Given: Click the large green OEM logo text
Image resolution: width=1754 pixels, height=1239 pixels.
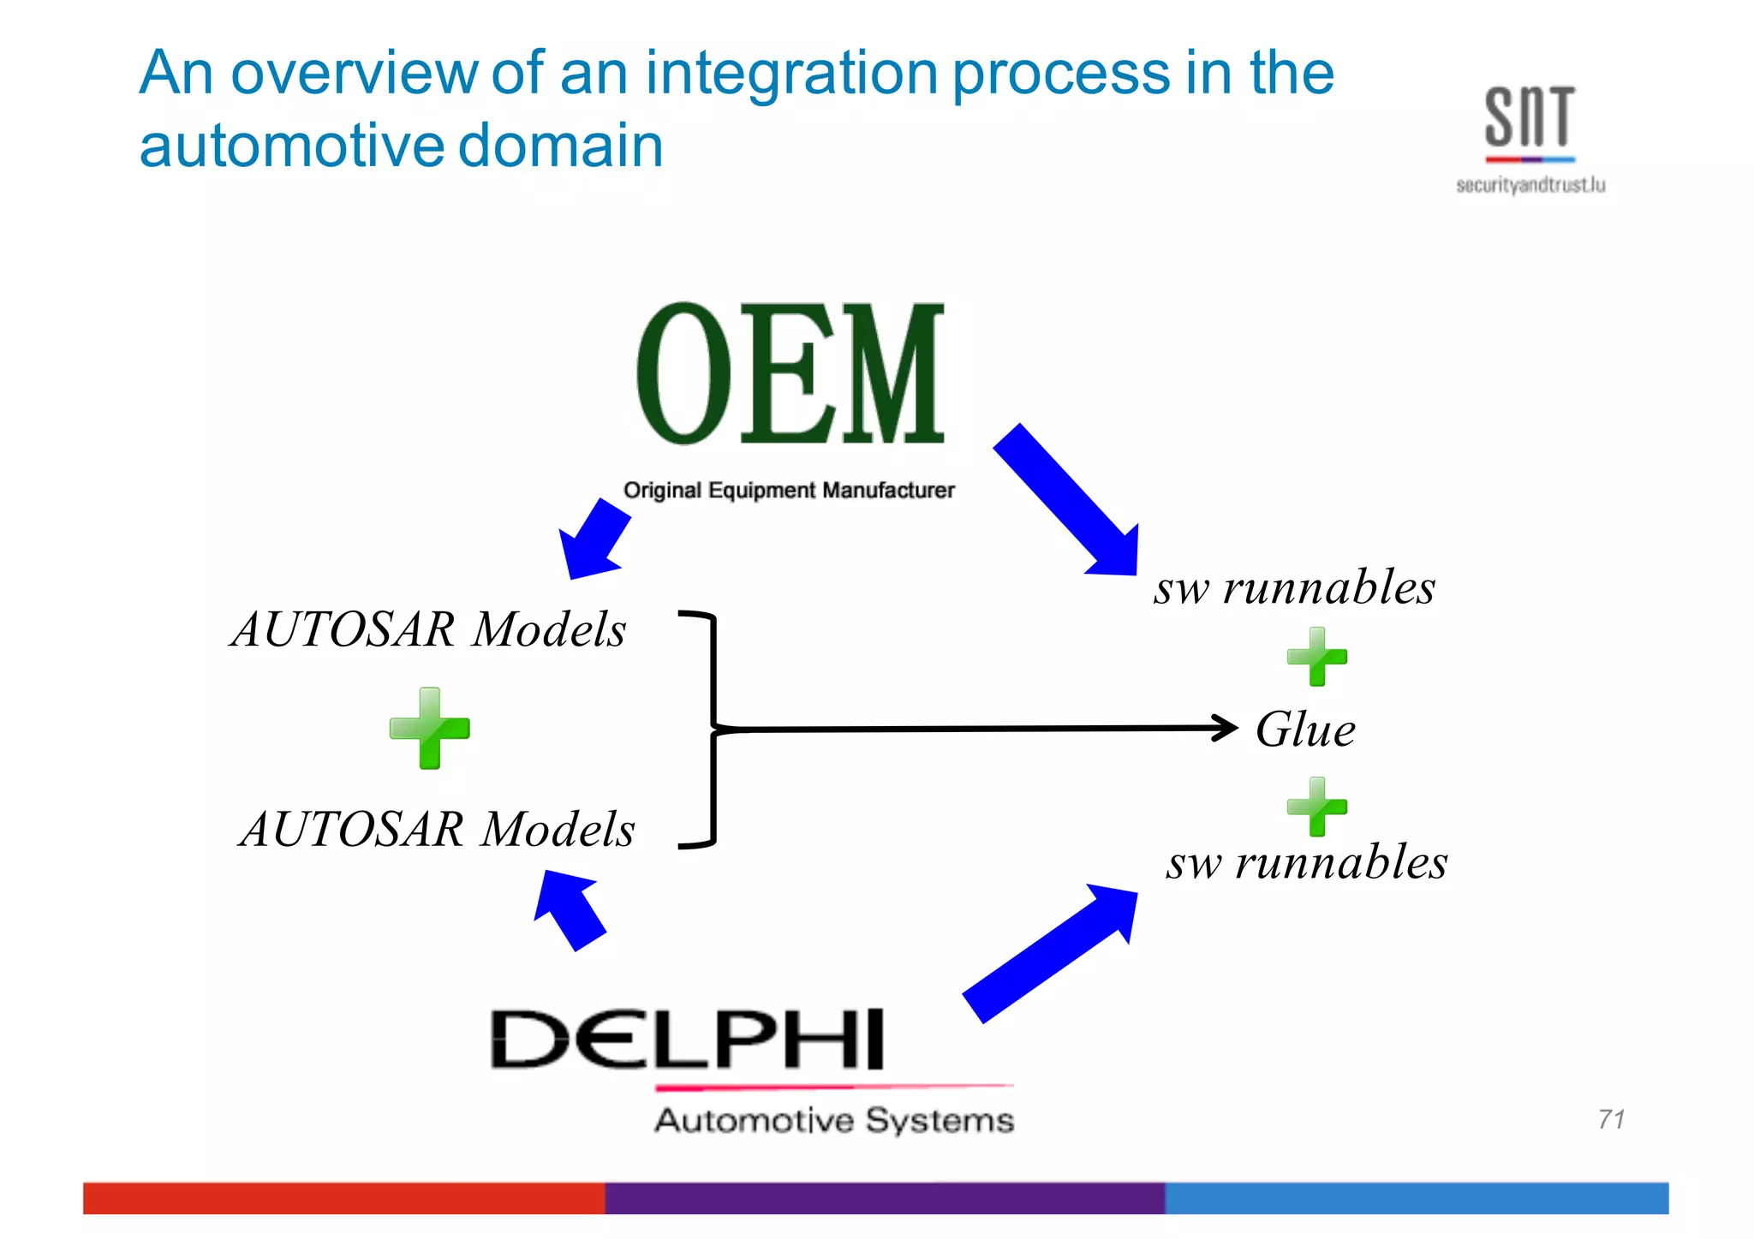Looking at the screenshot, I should click(x=790, y=374).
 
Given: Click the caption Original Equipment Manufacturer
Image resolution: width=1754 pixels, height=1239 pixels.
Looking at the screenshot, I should click(x=789, y=490).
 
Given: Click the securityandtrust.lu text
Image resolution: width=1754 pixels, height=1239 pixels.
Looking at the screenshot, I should click(x=1530, y=185).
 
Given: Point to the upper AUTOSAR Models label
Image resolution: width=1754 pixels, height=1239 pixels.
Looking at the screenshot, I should click(x=428, y=629).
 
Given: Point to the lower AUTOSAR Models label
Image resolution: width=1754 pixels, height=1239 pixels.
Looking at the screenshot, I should click(x=437, y=829).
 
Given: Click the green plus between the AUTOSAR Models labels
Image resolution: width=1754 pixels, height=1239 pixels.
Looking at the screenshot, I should click(x=430, y=728).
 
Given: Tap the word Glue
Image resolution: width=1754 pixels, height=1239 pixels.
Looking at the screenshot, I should click(x=1305, y=730).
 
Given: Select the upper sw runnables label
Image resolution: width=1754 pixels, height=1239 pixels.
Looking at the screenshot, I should click(x=1294, y=587).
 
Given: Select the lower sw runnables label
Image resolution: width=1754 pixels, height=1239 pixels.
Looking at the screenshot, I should click(x=1307, y=861).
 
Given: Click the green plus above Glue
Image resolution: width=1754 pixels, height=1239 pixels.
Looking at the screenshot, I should click(x=1317, y=657).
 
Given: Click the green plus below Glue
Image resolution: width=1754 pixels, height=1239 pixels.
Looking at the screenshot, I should click(x=1317, y=807).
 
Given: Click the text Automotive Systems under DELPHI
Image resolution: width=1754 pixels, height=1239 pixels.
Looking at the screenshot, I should click(x=834, y=1120).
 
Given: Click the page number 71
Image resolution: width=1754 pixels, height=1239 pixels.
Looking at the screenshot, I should click(x=1611, y=1118).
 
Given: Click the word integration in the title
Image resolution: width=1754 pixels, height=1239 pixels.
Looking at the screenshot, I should click(x=791, y=74).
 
